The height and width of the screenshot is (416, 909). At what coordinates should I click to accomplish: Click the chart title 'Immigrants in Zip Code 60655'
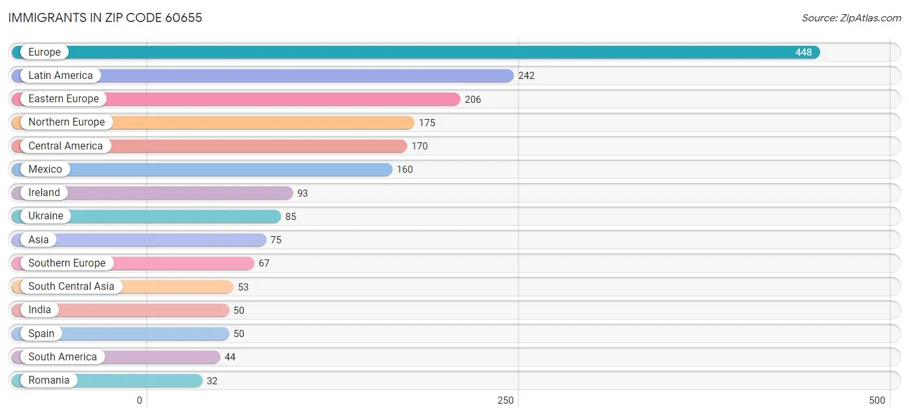pyautogui.click(x=105, y=17)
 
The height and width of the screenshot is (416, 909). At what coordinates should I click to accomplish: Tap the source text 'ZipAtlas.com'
pyautogui.click(x=851, y=18)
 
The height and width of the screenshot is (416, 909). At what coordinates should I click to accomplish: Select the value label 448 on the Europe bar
pyautogui.click(x=803, y=52)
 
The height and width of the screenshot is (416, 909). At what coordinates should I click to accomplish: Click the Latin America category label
pyautogui.click(x=60, y=76)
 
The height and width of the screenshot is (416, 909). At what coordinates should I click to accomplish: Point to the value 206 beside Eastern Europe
pyautogui.click(x=473, y=100)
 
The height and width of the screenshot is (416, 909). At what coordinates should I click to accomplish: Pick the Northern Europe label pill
pyautogui.click(x=66, y=122)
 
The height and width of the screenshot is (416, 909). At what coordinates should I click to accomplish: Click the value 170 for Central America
pyautogui.click(x=420, y=146)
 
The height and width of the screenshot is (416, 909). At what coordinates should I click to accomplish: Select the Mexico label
pyautogui.click(x=45, y=170)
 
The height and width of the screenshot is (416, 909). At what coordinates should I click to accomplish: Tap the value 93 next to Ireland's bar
pyautogui.click(x=303, y=193)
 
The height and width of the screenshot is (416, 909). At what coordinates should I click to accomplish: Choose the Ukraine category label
pyautogui.click(x=46, y=216)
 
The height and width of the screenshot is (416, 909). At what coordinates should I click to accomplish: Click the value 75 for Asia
pyautogui.click(x=276, y=240)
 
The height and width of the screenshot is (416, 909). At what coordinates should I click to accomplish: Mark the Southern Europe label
pyautogui.click(x=67, y=263)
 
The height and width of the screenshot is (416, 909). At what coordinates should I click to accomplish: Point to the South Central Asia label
pyautogui.click(x=71, y=287)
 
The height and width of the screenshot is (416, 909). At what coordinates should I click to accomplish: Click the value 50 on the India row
pyautogui.click(x=239, y=311)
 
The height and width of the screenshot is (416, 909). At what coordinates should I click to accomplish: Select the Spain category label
pyautogui.click(x=41, y=334)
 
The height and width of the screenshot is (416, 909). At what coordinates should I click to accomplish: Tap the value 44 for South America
pyautogui.click(x=230, y=357)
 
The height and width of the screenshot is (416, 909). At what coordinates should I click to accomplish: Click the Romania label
pyautogui.click(x=48, y=380)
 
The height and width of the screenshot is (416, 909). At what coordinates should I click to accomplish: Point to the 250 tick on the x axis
pyautogui.click(x=506, y=400)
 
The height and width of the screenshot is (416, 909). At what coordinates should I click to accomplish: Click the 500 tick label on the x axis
pyautogui.click(x=877, y=400)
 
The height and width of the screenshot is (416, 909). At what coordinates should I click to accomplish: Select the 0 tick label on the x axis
pyautogui.click(x=139, y=400)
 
